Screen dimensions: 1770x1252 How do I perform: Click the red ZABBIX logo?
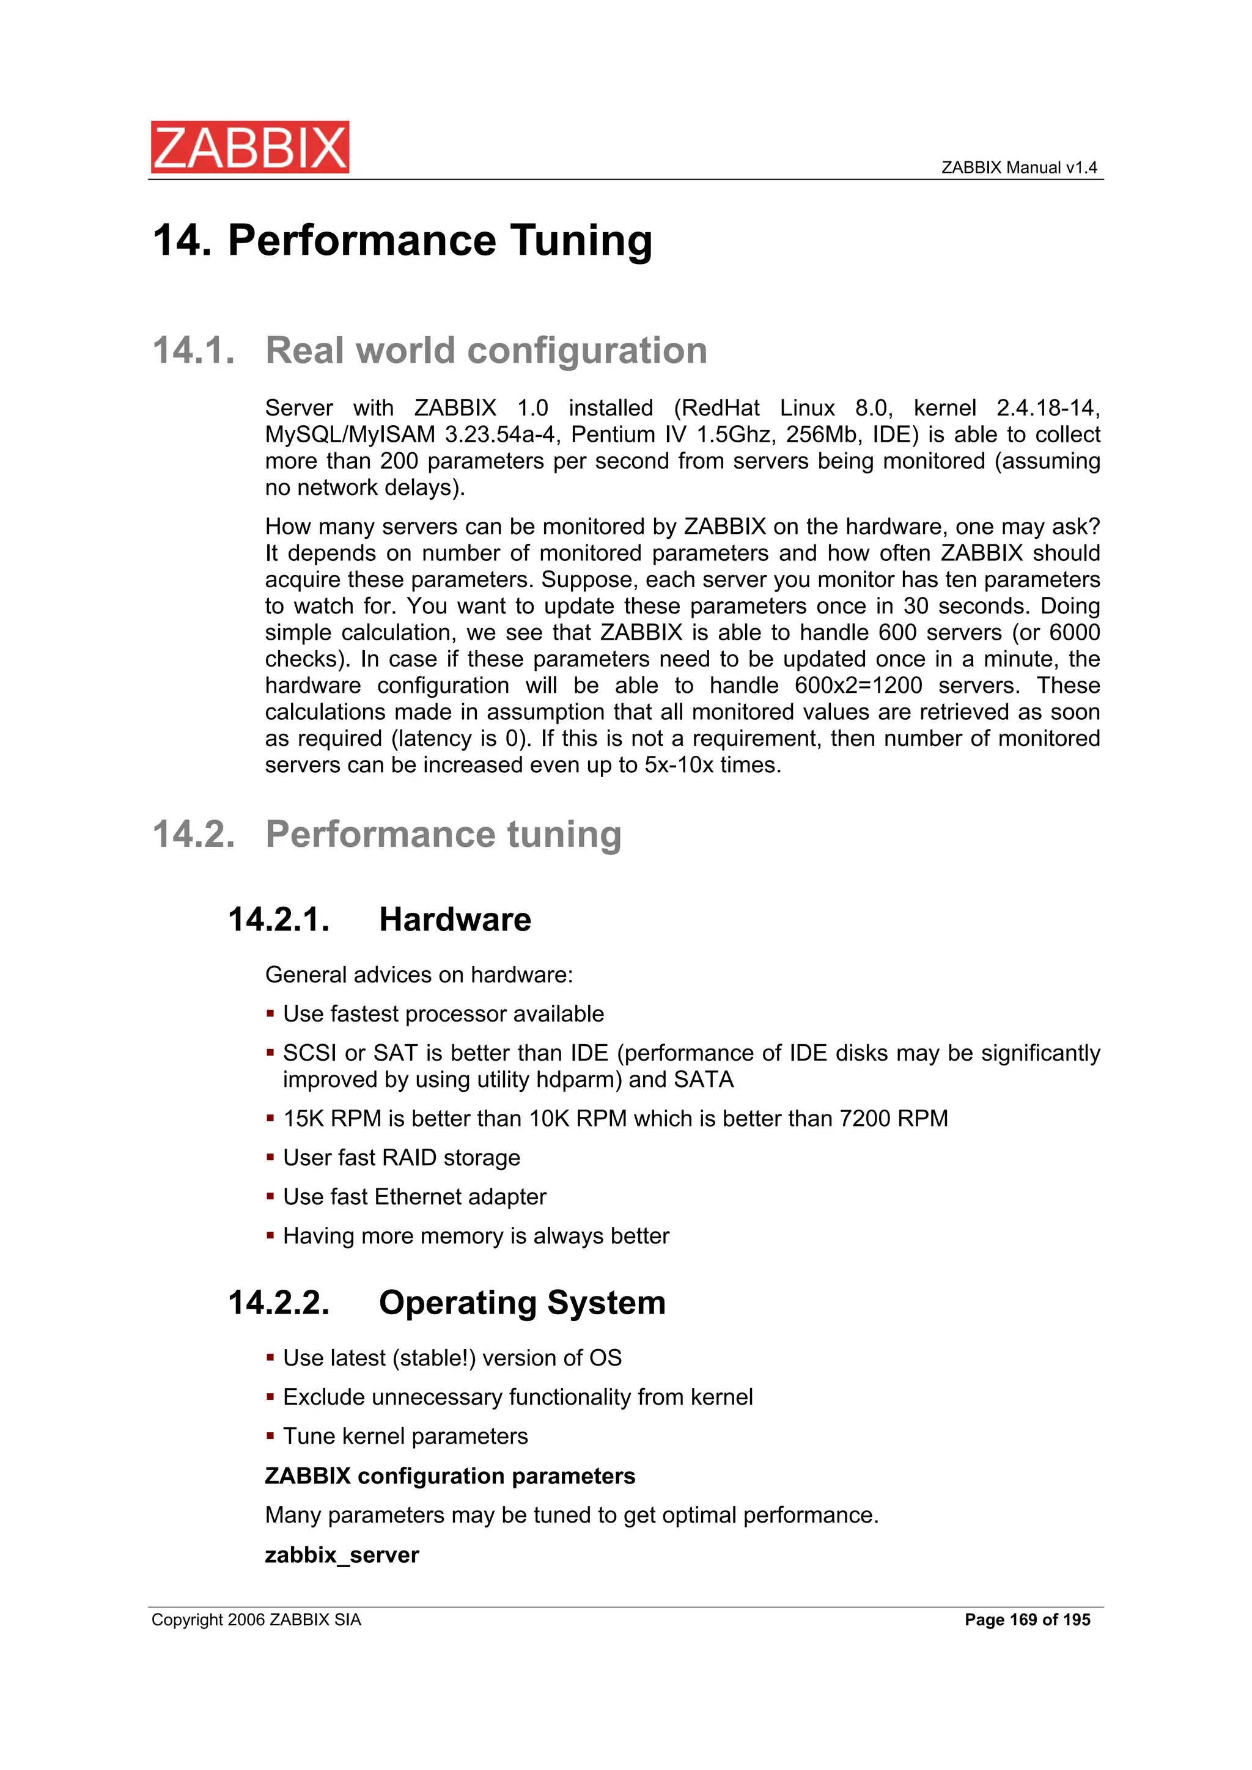(249, 147)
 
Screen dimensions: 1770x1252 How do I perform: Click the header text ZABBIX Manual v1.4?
(1018, 167)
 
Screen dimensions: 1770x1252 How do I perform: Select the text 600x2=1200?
(858, 686)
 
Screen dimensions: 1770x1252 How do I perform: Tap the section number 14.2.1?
(279, 920)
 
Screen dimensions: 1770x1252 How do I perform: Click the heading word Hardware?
(454, 920)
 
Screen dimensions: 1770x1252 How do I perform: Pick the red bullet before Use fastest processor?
(270, 1014)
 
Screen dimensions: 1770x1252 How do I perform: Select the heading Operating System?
(521, 1303)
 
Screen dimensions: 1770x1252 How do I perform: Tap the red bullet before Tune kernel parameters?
(270, 1436)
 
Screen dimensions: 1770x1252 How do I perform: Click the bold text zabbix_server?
(342, 1555)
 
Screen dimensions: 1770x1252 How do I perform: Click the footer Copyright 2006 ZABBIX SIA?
(256, 1620)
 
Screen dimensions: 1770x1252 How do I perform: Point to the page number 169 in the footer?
(1023, 1620)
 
